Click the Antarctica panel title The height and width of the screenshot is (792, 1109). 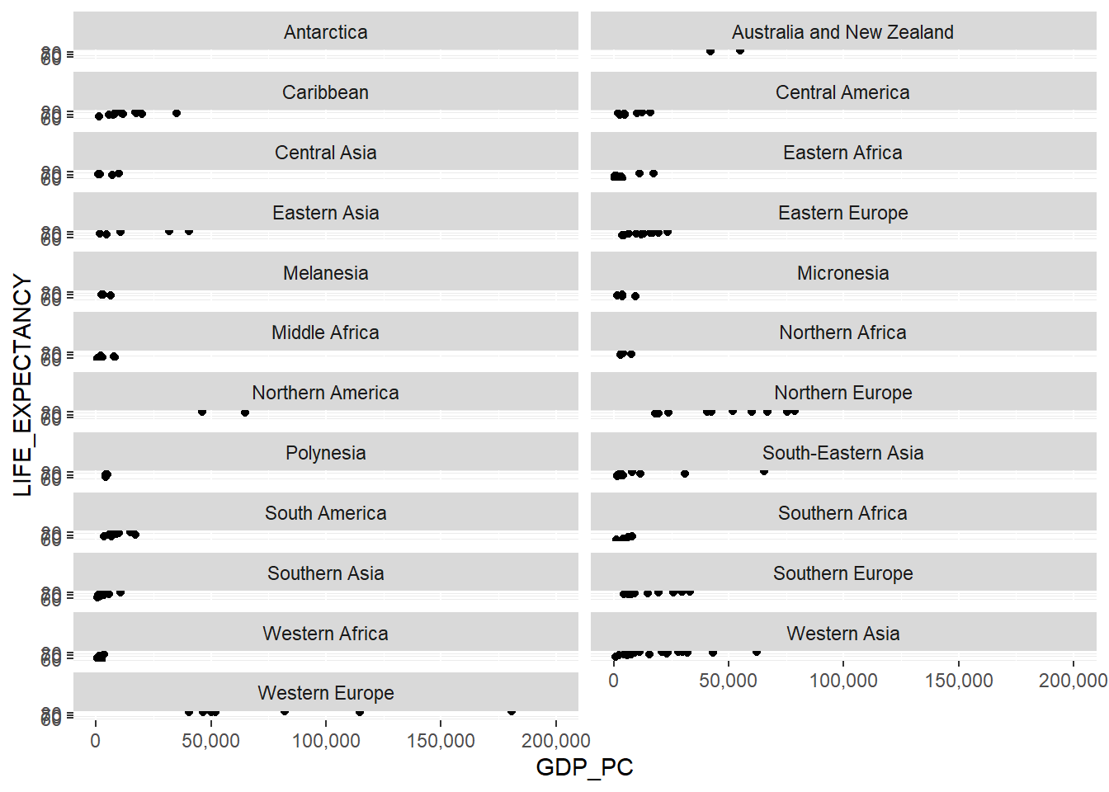tap(325, 32)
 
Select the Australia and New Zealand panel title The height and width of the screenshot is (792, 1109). tap(842, 32)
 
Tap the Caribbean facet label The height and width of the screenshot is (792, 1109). tap(325, 92)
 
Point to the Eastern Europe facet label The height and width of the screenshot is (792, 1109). tap(842, 213)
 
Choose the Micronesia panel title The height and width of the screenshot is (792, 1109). tap(842, 273)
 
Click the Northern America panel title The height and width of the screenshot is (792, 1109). tap(325, 393)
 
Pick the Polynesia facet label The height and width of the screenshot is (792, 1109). tap(325, 453)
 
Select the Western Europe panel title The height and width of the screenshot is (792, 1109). tap(325, 693)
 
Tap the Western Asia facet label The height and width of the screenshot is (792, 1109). tap(842, 634)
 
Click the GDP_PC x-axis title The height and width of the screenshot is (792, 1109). tap(584, 767)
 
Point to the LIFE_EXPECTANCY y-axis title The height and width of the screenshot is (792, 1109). tap(22, 385)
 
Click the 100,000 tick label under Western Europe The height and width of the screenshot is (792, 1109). tap(326, 741)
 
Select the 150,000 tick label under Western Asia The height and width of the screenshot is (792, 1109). tap(958, 681)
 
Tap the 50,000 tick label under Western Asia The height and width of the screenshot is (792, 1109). tap(728, 681)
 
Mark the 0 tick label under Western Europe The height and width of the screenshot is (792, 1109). tap(96, 741)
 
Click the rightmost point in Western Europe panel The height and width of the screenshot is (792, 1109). tap(512, 711)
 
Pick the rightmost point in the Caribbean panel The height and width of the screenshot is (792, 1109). tap(177, 113)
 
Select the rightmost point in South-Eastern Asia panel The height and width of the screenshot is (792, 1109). tap(764, 471)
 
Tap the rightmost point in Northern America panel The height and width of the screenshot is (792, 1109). tap(245, 412)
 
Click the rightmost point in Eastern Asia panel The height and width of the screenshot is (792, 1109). tap(189, 232)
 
